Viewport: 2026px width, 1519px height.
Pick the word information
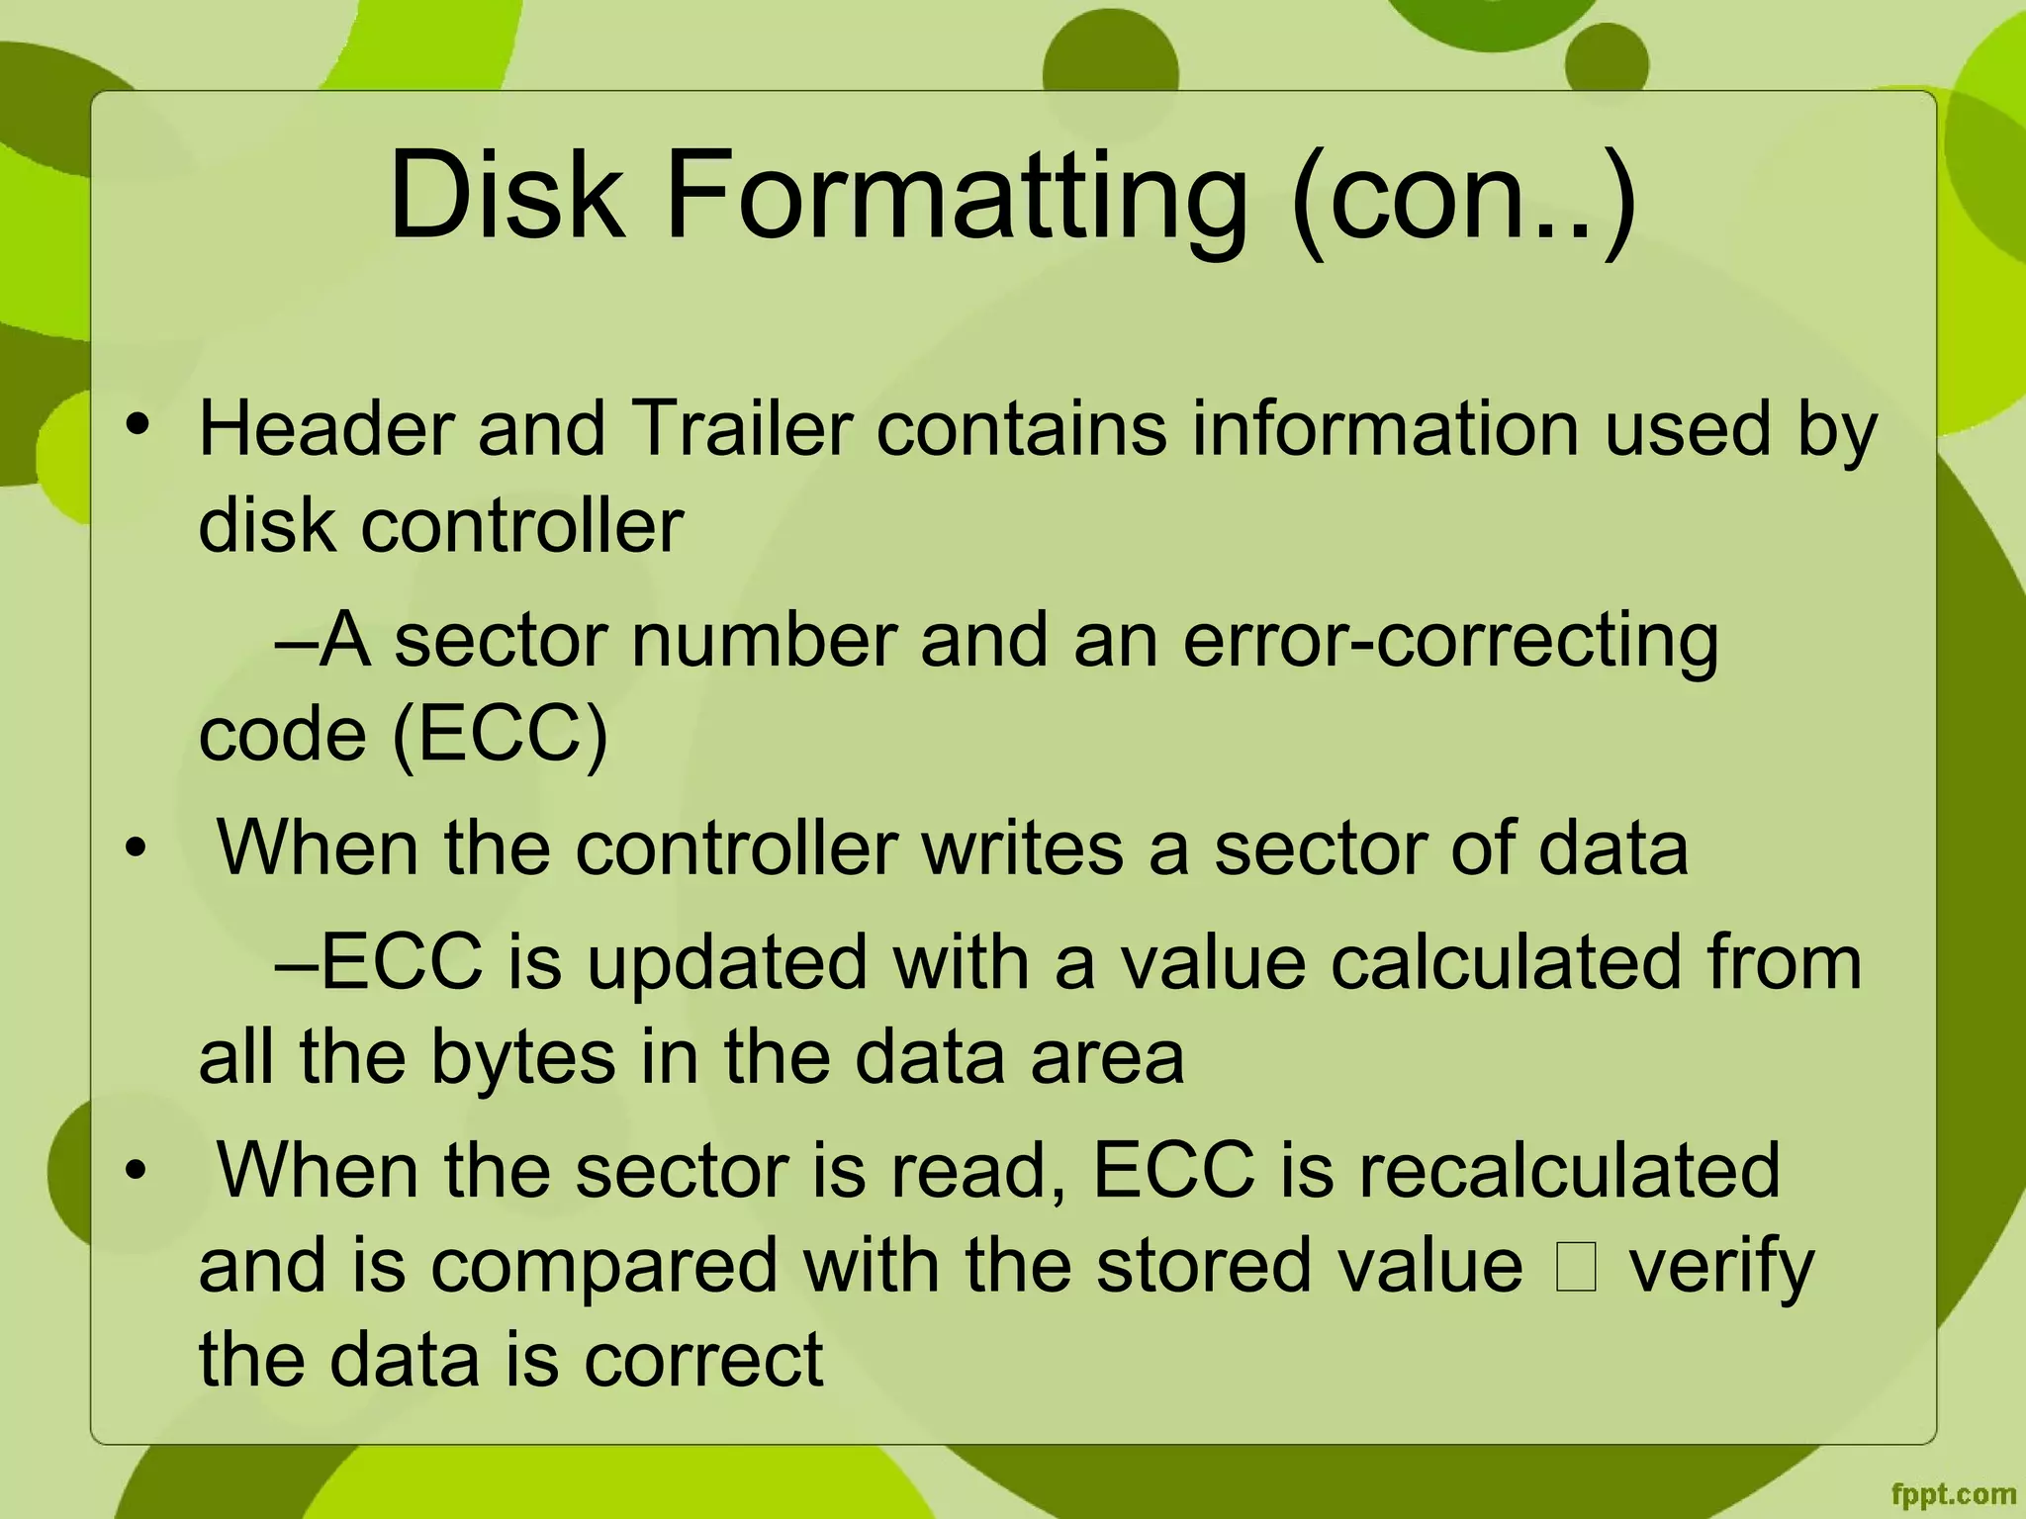tap(1385, 429)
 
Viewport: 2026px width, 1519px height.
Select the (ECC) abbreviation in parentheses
tap(500, 736)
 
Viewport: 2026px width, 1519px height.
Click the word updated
tap(726, 961)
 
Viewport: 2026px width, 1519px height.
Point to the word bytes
tap(523, 1058)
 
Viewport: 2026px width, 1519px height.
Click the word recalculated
tap(1569, 1171)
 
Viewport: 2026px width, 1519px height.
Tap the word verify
tap(1721, 1268)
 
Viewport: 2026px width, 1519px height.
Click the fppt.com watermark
tap(1953, 1494)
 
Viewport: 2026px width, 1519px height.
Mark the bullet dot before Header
tap(138, 425)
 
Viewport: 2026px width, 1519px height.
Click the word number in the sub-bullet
tap(763, 641)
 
